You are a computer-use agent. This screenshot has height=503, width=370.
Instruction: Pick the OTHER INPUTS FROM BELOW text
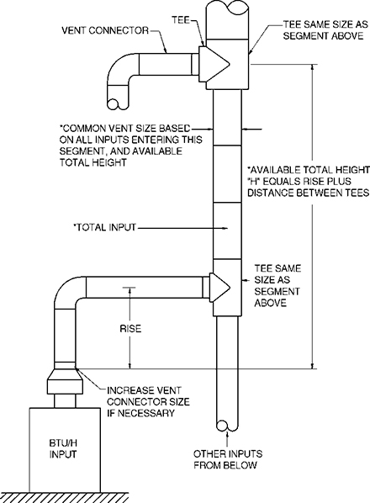pyautogui.click(x=225, y=458)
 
